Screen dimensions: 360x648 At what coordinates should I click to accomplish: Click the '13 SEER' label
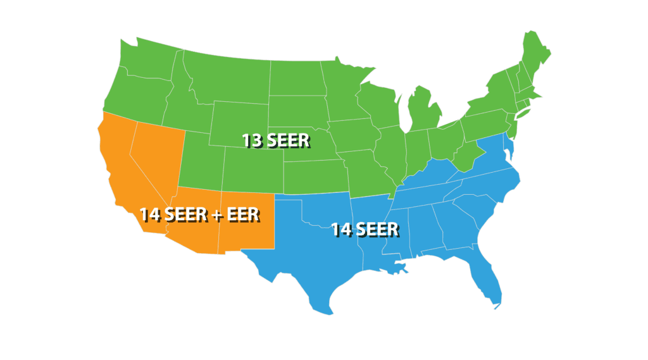276,140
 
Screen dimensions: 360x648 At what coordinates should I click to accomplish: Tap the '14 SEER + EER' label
199,214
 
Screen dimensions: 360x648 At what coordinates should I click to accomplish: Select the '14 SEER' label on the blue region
365,229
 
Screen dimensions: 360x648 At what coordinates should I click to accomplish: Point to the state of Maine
535,54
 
